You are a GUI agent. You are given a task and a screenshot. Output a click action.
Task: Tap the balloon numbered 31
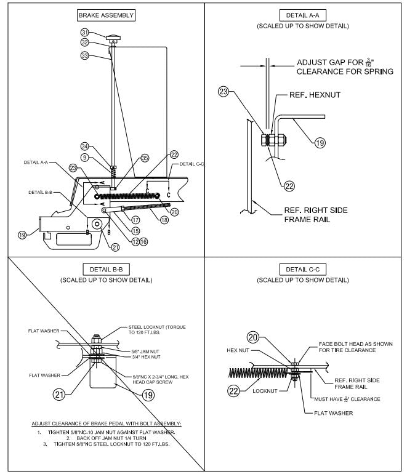(x=84, y=33)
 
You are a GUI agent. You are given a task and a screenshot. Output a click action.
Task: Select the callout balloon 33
(x=84, y=55)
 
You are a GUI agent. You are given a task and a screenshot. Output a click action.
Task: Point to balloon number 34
(x=84, y=146)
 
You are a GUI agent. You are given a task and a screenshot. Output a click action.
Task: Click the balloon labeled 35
(x=145, y=158)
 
